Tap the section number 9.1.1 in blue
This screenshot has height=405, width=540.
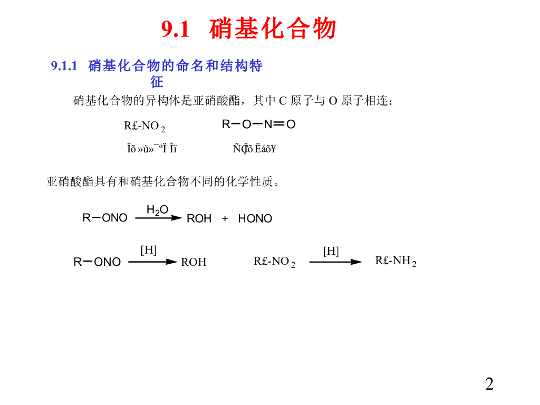(64, 66)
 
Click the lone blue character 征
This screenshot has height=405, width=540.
(157, 82)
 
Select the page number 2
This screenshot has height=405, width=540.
(489, 384)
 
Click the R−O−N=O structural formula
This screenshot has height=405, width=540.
(258, 124)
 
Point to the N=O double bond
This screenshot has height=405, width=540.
(279, 124)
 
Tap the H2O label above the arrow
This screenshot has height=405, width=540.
(157, 210)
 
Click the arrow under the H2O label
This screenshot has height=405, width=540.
(158, 218)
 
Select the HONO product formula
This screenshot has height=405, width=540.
(255, 218)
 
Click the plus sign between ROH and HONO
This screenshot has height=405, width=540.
(225, 218)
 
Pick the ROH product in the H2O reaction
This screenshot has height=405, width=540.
(199, 218)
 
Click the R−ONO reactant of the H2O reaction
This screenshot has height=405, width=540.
(105, 218)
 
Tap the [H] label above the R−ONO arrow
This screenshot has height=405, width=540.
(148, 250)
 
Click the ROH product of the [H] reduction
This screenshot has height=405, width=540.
(194, 262)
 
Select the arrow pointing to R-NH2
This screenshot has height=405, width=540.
(335, 262)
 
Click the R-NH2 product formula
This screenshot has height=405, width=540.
(396, 261)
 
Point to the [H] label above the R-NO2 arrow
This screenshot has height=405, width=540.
(331, 251)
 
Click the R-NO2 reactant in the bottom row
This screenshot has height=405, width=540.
(274, 262)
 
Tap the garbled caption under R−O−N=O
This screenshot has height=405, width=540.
(255, 149)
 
